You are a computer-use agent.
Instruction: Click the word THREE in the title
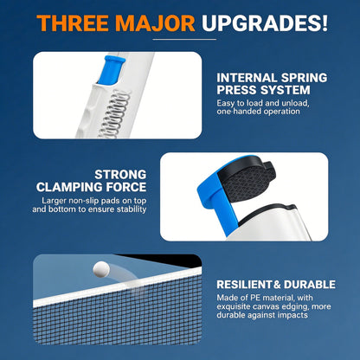point(74,22)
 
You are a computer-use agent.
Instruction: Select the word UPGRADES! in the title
point(265,22)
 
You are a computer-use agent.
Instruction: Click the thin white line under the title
point(184,39)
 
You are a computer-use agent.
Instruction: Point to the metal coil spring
point(114,114)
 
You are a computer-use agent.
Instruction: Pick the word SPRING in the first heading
point(304,78)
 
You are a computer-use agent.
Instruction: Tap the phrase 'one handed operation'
point(258,112)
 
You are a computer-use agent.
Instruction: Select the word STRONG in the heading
point(120,175)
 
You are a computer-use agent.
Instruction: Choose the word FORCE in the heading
point(126,187)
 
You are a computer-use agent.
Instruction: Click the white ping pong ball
point(101,269)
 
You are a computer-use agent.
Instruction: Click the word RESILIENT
point(244,285)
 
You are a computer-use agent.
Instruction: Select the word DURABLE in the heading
point(310,285)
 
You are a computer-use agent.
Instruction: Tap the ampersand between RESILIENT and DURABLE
point(277,285)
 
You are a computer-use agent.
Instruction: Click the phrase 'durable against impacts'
point(262,315)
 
